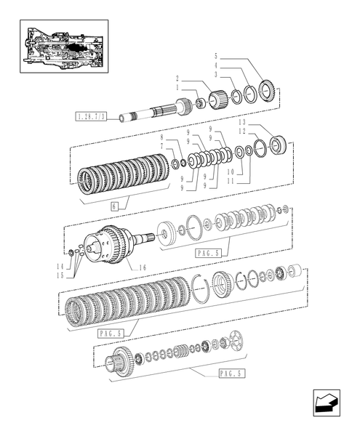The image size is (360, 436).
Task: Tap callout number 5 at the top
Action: point(216,55)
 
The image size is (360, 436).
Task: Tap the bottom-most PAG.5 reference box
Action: point(231,374)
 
